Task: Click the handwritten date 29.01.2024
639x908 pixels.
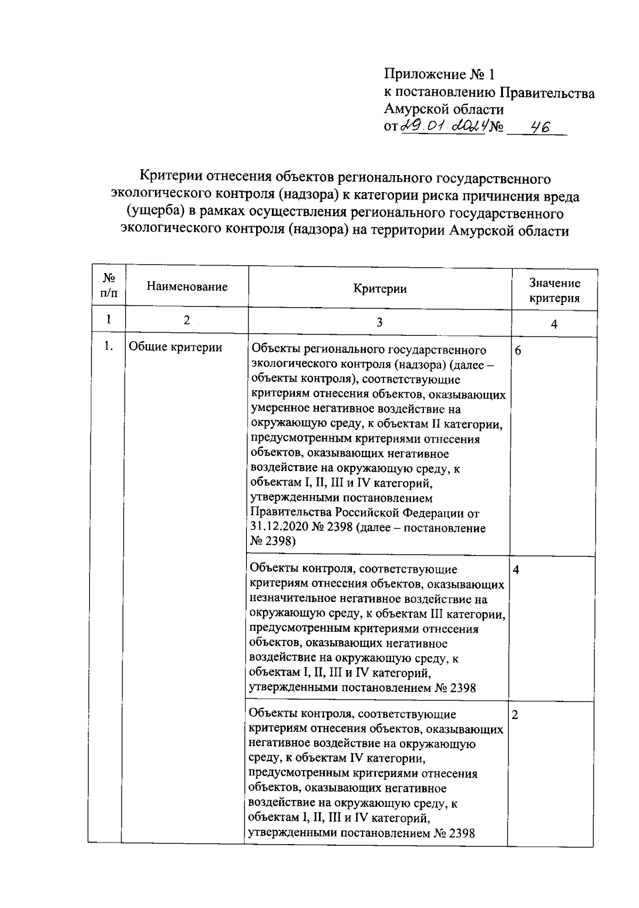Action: click(x=442, y=127)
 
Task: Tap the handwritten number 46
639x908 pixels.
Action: click(x=537, y=127)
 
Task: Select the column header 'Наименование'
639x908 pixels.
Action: click(x=187, y=287)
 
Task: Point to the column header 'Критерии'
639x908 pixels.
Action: click(x=380, y=288)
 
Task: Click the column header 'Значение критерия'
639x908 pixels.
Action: click(x=554, y=291)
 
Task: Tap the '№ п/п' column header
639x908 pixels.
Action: click(x=109, y=285)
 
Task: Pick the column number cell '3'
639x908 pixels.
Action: click(x=379, y=322)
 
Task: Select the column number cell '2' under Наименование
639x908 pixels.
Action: click(x=186, y=320)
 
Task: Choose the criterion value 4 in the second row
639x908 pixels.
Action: click(x=515, y=569)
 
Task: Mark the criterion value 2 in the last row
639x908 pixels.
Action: click(x=514, y=714)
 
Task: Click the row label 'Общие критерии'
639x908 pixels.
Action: click(x=176, y=348)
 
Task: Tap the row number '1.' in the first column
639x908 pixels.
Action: click(x=109, y=347)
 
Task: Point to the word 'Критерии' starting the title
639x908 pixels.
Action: click(x=171, y=177)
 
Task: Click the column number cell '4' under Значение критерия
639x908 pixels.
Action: click(x=554, y=324)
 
